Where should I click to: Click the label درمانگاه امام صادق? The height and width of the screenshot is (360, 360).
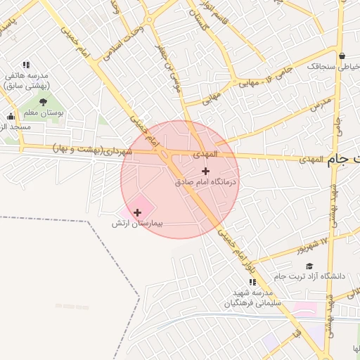point(207,181)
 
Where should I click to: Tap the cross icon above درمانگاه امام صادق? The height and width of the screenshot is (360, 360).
point(205,171)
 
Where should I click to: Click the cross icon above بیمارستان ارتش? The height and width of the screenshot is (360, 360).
point(137,212)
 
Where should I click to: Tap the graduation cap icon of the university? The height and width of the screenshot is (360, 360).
point(309,265)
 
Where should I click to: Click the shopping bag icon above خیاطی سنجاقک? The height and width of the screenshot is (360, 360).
point(342,56)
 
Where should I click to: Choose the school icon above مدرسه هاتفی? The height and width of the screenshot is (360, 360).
point(26,65)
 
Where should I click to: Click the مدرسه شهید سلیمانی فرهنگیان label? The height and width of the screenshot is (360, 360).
point(252,298)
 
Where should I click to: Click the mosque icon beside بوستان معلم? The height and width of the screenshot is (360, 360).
point(11,117)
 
